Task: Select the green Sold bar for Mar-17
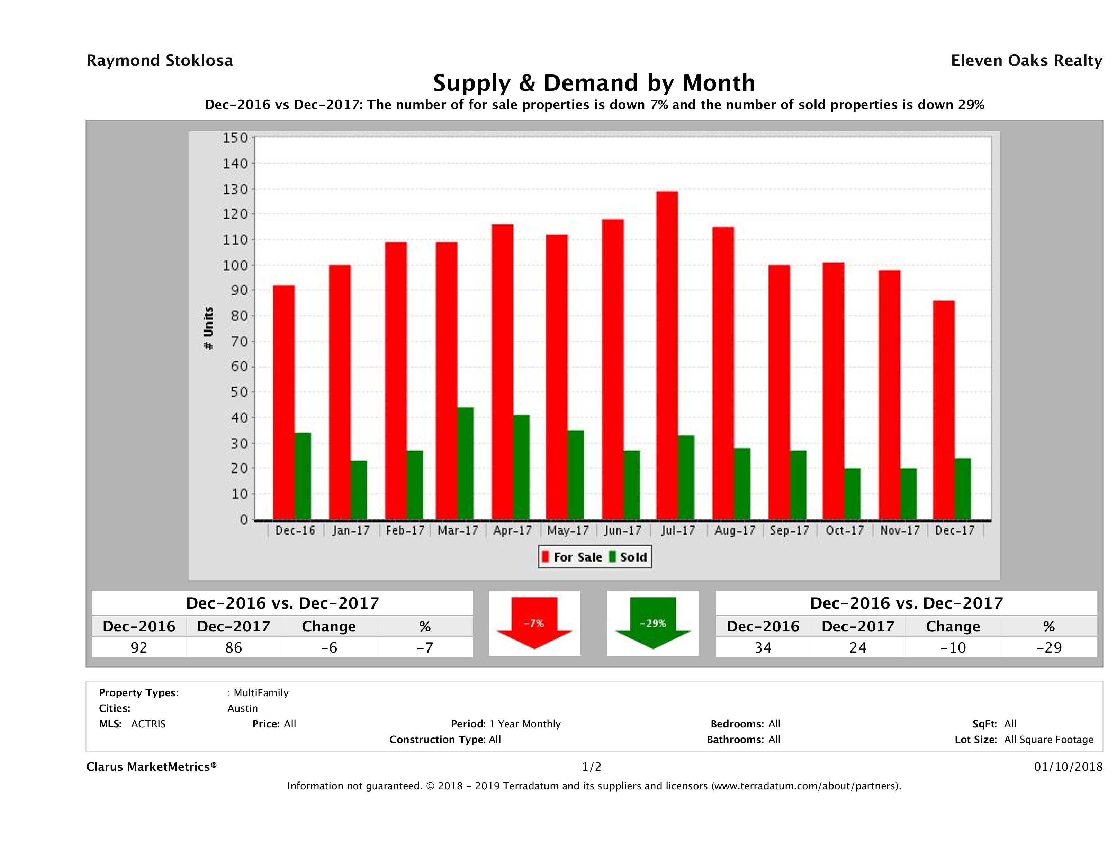(x=466, y=463)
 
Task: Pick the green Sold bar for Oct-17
(x=853, y=494)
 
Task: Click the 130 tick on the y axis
(x=235, y=189)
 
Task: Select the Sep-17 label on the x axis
(x=789, y=531)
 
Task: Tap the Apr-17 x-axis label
(x=513, y=531)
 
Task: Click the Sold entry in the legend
(x=628, y=557)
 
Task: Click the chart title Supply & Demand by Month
(x=594, y=83)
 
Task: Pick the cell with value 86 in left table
(x=234, y=647)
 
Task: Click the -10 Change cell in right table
(x=953, y=647)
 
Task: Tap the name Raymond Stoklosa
(x=160, y=61)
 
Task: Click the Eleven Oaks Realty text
(x=1026, y=61)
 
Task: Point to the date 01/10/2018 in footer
(x=1068, y=767)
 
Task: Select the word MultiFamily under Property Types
(x=261, y=693)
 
